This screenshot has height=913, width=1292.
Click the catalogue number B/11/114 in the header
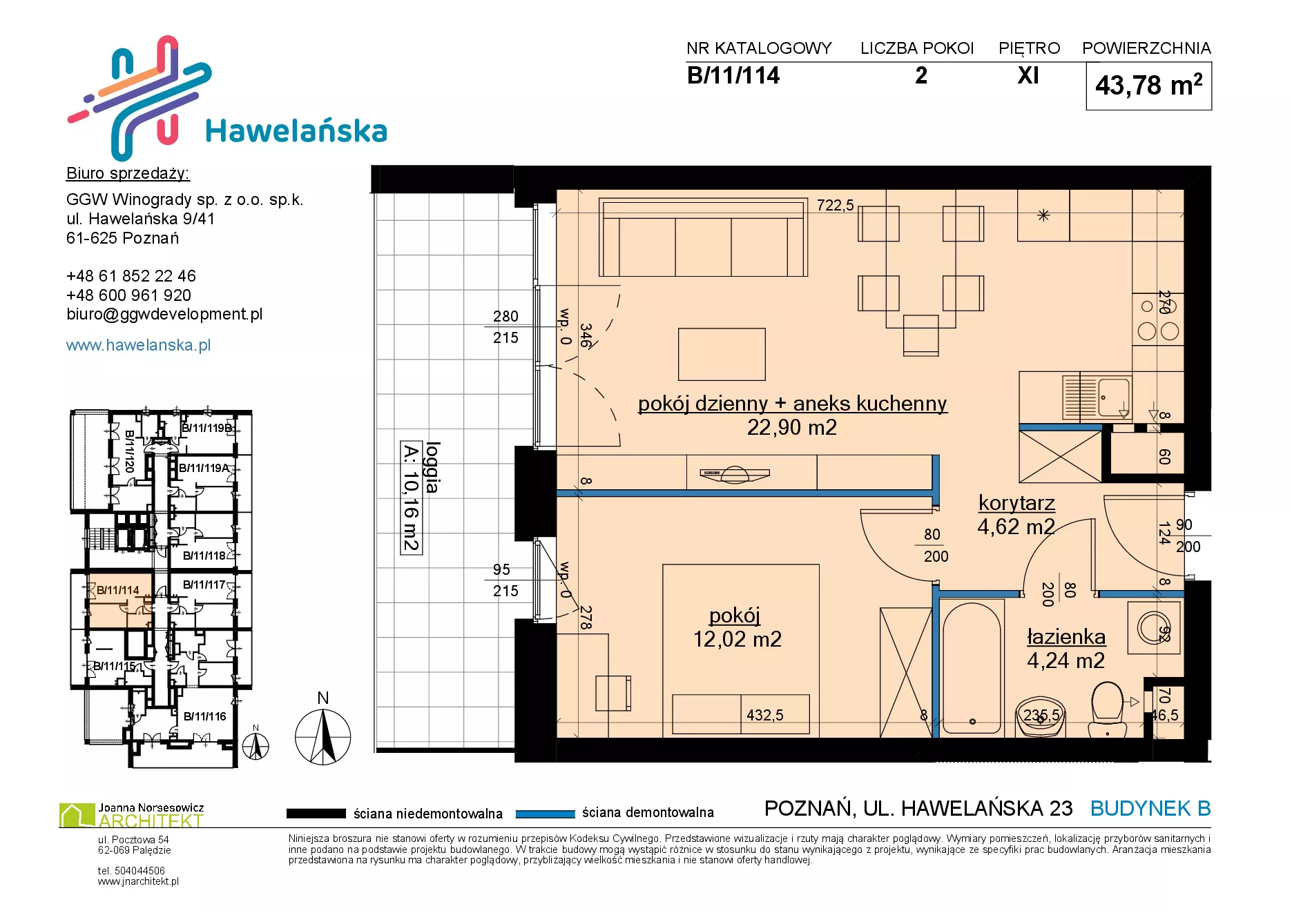click(733, 75)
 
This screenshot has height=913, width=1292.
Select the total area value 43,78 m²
click(1148, 86)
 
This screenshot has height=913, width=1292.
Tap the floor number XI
click(1028, 75)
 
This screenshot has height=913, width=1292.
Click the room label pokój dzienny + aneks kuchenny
click(792, 403)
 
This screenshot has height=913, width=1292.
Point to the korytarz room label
click(1016, 502)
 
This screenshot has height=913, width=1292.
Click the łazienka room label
click(1066, 636)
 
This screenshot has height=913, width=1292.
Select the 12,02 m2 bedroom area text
click(737, 639)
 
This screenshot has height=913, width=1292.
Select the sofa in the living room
click(703, 237)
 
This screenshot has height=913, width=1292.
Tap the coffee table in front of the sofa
click(722, 354)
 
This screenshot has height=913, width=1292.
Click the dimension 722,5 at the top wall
click(835, 205)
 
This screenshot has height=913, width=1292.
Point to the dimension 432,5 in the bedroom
click(764, 715)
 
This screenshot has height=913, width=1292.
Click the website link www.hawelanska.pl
click(138, 345)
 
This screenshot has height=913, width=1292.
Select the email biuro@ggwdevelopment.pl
click(164, 314)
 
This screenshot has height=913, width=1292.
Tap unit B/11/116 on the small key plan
click(204, 716)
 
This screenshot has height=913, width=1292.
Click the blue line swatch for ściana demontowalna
click(545, 814)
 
